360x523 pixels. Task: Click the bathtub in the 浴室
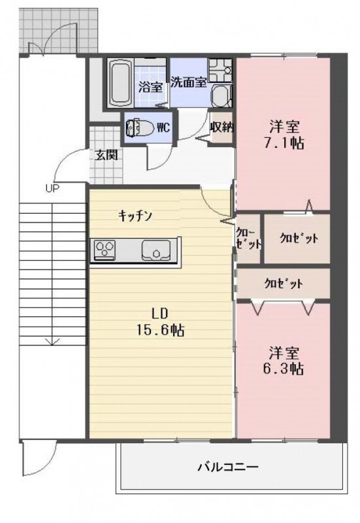(x=121, y=82)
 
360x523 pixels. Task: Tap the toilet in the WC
(x=140, y=127)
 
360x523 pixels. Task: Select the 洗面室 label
(x=189, y=82)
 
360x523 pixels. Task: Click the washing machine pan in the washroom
(x=220, y=71)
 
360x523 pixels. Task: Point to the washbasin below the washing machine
(x=221, y=95)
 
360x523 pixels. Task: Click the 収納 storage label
(x=221, y=127)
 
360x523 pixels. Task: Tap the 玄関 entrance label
(x=106, y=155)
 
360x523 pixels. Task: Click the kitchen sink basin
(x=156, y=250)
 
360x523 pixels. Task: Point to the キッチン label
(x=135, y=216)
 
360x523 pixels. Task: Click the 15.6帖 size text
(x=159, y=330)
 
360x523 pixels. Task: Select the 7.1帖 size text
(x=284, y=143)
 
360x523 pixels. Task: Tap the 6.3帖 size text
(x=284, y=369)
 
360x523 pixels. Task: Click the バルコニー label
(x=228, y=466)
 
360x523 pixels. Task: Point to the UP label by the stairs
(x=52, y=189)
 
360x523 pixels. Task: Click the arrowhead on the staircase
(x=52, y=341)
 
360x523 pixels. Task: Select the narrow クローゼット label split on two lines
(x=249, y=238)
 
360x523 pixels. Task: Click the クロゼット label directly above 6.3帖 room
(x=284, y=284)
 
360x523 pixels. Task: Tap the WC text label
(x=163, y=127)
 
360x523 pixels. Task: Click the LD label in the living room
(x=159, y=314)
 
